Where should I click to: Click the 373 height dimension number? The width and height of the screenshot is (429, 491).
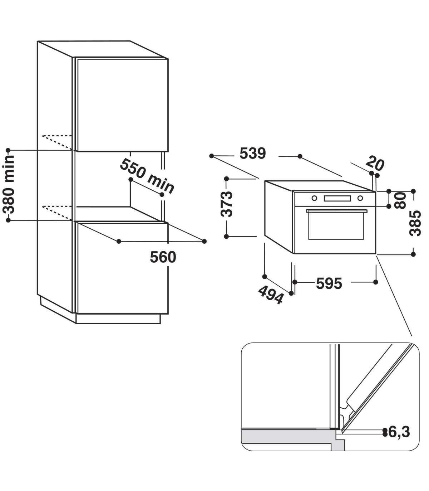[227, 204]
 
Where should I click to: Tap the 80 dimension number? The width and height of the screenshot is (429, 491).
[400, 201]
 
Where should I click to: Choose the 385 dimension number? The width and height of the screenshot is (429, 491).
[415, 223]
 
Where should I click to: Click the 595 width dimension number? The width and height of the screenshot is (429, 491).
[329, 283]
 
